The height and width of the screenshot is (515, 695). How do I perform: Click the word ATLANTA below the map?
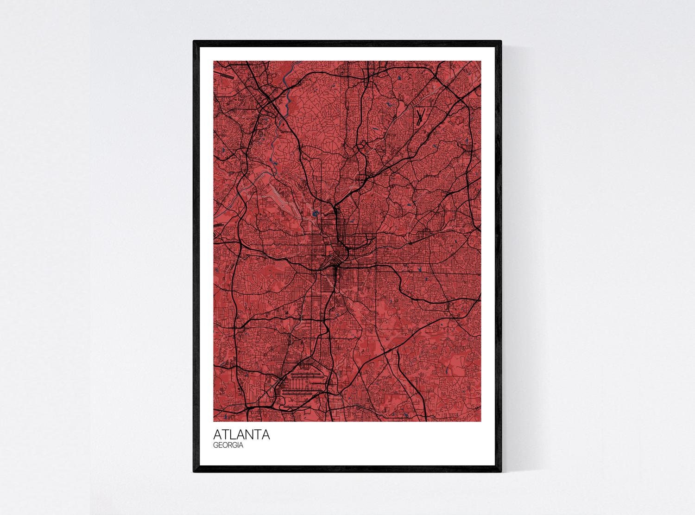click(x=241, y=435)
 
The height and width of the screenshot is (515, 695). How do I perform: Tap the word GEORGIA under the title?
click(x=229, y=445)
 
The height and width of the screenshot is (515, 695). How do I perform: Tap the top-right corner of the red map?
click(x=481, y=61)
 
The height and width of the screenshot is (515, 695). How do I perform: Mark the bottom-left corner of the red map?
click(x=214, y=421)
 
